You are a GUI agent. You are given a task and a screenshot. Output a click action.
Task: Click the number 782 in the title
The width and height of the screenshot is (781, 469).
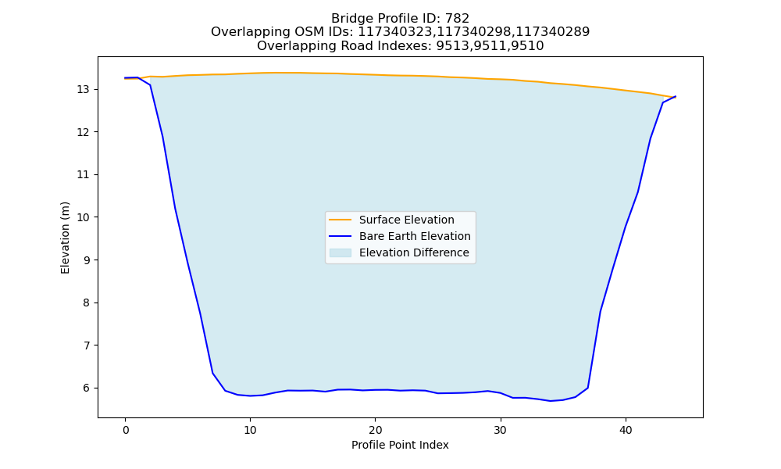click(457, 19)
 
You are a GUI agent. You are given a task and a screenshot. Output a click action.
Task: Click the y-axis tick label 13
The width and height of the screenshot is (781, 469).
click(84, 90)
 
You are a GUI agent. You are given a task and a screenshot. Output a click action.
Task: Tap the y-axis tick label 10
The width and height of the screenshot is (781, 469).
click(84, 217)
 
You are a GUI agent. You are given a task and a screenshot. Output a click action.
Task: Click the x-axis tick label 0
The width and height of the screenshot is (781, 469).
click(126, 430)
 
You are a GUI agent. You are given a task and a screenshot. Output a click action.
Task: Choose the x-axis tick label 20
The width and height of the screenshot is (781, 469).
click(375, 430)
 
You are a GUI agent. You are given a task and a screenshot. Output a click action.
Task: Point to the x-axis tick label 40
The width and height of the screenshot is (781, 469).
click(626, 430)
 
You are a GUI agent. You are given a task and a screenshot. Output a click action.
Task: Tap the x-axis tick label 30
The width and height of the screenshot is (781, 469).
click(501, 430)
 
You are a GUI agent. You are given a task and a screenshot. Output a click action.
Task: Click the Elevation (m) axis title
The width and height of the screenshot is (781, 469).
click(65, 238)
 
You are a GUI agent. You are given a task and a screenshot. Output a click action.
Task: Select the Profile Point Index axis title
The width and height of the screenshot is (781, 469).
click(400, 445)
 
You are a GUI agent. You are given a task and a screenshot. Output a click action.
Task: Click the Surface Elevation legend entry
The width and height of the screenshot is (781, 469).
click(406, 220)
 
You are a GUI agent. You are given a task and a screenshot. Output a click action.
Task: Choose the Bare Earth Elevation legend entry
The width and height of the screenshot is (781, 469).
click(415, 236)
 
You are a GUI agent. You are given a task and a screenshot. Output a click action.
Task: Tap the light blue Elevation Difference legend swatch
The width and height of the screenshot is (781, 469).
click(341, 252)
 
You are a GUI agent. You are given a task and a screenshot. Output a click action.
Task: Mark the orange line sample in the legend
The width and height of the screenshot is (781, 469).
click(341, 220)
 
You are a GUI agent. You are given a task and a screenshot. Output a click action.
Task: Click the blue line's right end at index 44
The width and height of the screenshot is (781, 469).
click(676, 96)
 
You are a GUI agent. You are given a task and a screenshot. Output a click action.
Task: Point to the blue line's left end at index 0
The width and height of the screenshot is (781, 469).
click(125, 77)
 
